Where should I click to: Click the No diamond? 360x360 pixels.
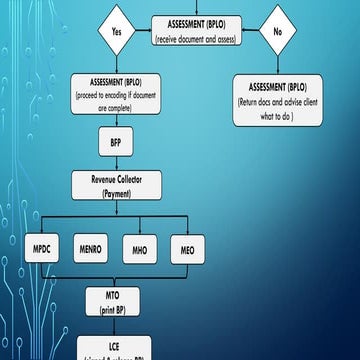pyautogui.click(x=276, y=31)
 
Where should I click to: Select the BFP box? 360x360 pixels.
pyautogui.click(x=116, y=143)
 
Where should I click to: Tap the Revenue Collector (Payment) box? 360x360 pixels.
pyautogui.click(x=116, y=186)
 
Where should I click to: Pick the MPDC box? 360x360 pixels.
pyautogui.click(x=42, y=248)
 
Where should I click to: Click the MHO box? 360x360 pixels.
pyautogui.click(x=139, y=248)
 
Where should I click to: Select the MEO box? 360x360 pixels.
pyautogui.click(x=187, y=248)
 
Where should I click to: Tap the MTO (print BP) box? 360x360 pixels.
pyautogui.click(x=116, y=303)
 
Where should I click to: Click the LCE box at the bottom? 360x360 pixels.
pyautogui.click(x=116, y=347)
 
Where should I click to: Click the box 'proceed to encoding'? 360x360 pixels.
pyautogui.click(x=115, y=96)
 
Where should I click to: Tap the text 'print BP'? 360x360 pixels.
pyautogui.click(x=116, y=310)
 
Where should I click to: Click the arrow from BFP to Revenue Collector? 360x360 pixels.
pyautogui.click(x=116, y=164)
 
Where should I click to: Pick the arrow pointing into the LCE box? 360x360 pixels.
pyautogui.click(x=116, y=328)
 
